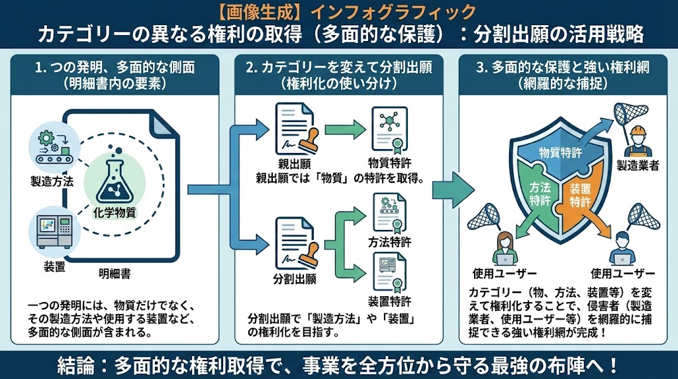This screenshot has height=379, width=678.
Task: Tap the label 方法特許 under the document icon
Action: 390,243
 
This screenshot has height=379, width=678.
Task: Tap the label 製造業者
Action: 638,166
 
